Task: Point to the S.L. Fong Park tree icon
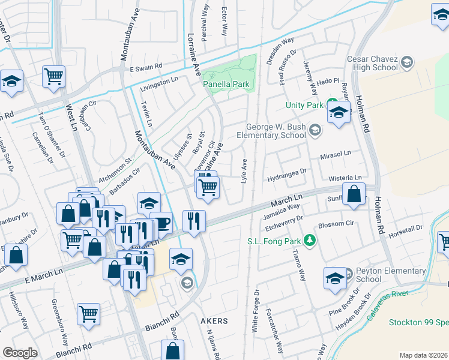[310, 241]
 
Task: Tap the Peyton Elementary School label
[377, 275]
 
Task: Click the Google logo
[20, 353]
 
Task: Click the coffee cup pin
[161, 223]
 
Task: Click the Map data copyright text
[423, 355]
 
